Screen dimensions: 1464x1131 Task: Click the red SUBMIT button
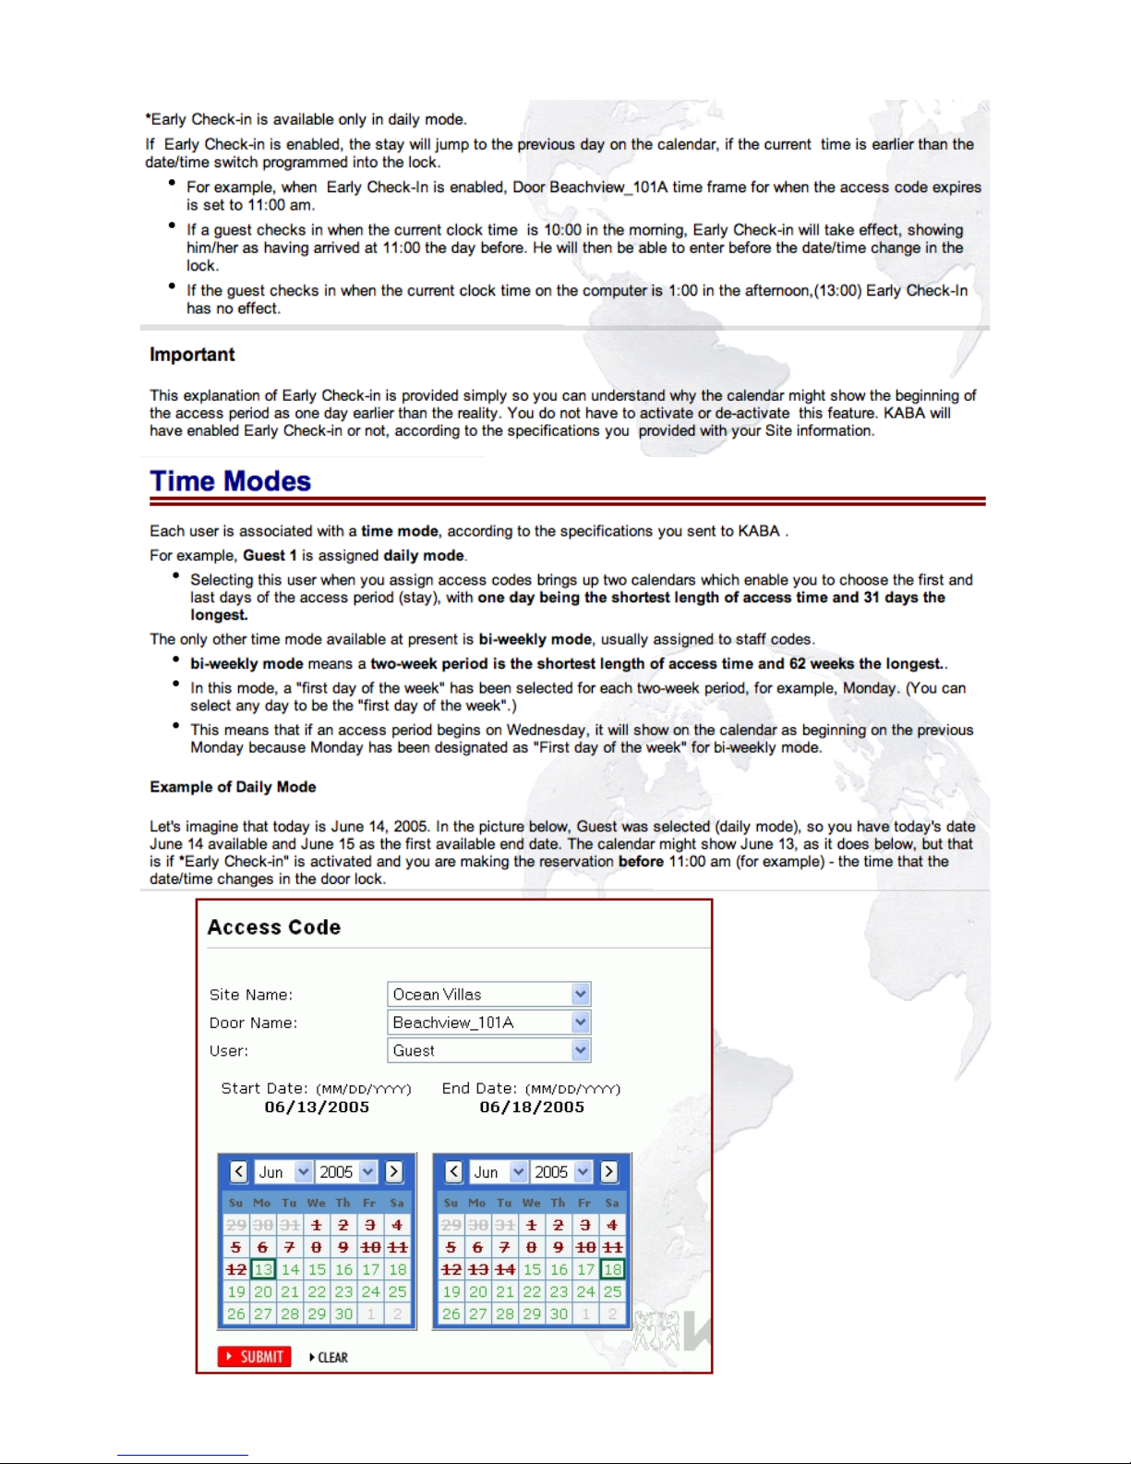255,1357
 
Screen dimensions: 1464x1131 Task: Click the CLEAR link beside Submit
330,1358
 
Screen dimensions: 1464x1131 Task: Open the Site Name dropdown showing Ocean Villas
488,995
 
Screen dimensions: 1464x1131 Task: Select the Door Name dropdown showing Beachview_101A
488,1022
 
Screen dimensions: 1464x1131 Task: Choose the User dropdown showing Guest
488,1050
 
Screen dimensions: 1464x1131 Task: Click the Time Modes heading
231,481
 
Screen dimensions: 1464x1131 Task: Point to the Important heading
192,355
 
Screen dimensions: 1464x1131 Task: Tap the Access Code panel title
274,927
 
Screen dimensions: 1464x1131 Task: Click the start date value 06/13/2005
317,1107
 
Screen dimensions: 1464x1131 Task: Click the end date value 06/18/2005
532,1107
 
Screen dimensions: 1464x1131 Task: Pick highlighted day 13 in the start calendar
263,1270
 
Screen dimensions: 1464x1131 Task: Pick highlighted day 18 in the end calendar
612,1270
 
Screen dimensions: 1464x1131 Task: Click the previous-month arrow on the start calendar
239,1172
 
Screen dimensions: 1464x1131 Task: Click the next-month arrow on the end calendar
609,1172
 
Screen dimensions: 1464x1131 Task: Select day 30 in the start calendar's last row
343,1314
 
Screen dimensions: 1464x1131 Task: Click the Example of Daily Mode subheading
233,787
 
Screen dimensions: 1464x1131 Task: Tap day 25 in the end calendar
612,1292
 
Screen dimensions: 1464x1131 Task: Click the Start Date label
264,1089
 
